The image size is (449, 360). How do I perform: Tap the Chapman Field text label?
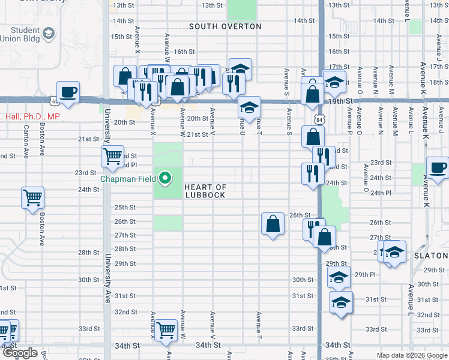coord(128,179)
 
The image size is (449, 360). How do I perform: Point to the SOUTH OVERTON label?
coord(225,26)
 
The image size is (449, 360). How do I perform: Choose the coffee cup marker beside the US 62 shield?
coord(68,92)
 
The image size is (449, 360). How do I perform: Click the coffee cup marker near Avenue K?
coord(438,168)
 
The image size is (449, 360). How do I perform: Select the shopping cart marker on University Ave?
coord(113,156)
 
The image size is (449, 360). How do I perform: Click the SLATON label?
coord(431,256)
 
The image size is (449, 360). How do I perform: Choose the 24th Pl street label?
coord(381,193)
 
